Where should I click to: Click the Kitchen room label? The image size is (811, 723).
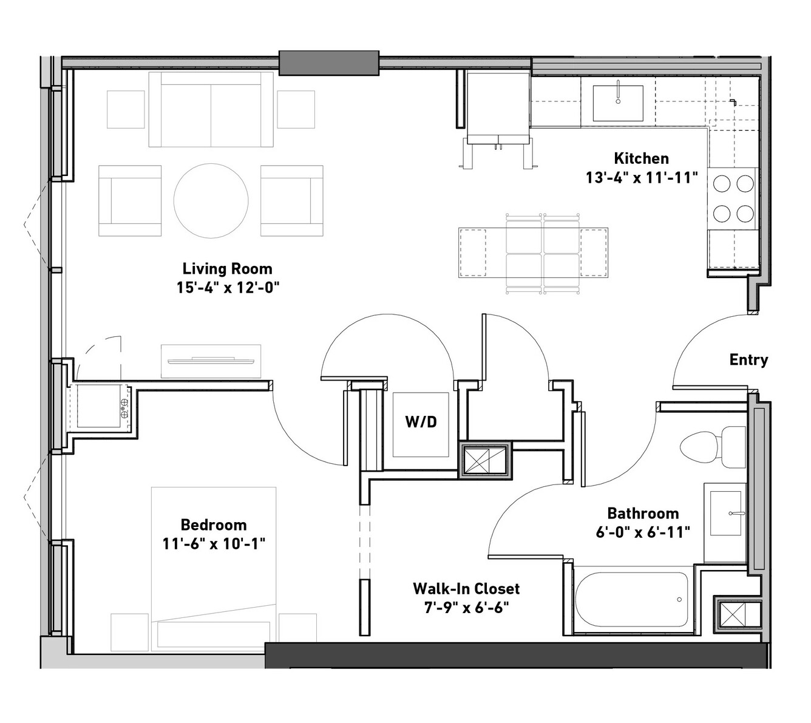tap(641, 158)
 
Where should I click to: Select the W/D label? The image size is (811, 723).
tap(421, 421)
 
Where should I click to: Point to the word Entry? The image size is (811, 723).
tap(748, 359)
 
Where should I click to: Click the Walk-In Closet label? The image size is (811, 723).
tap(466, 588)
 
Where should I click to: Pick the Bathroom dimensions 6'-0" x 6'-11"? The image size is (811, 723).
tap(642, 532)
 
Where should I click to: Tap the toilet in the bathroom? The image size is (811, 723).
tap(713, 447)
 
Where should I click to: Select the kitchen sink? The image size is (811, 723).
tap(617, 103)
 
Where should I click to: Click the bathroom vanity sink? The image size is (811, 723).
tap(725, 513)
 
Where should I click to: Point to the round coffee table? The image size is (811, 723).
tap(211, 200)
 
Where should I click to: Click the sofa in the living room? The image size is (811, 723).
tap(211, 109)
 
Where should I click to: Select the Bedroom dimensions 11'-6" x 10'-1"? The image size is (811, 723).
tap(214, 544)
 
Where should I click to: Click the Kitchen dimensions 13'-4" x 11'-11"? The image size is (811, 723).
tap(642, 177)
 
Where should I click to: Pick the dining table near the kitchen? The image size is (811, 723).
tap(533, 252)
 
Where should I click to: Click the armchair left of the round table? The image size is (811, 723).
tap(130, 200)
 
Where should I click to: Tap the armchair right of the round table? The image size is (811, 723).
tap(292, 200)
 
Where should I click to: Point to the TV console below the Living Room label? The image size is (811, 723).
tap(211, 361)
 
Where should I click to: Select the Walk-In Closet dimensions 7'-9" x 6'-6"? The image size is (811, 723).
tap(466, 608)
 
